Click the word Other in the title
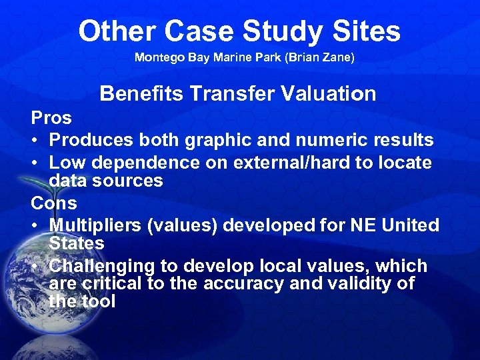point(116,31)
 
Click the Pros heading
point(51,118)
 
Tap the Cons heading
point(54,202)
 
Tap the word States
point(77,243)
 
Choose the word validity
point(360,284)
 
